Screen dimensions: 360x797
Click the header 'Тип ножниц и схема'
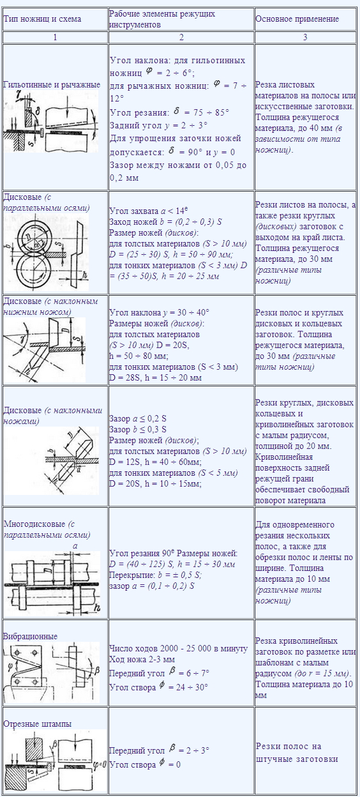[x=42, y=19]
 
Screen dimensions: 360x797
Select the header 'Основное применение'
[x=297, y=19]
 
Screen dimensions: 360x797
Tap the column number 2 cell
[x=181, y=37]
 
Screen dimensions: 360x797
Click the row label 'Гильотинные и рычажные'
[x=52, y=85]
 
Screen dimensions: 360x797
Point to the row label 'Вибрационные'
[x=30, y=636]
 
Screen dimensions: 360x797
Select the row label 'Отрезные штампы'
[x=38, y=724]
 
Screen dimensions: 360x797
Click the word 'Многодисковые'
[x=34, y=524]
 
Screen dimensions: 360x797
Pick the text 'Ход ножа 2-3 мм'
[x=142, y=659]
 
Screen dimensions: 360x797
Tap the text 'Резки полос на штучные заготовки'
[x=297, y=752]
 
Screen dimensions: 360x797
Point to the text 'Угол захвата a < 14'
[x=148, y=210]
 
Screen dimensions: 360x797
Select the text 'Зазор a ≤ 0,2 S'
[x=138, y=418]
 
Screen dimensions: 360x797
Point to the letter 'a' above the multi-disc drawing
[x=75, y=546]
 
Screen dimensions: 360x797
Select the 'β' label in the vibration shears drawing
[x=96, y=671]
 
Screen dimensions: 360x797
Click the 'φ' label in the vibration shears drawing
[x=10, y=665]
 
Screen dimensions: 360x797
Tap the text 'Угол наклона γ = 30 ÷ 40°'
[x=159, y=313]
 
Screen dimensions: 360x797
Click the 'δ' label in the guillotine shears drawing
[x=38, y=111]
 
